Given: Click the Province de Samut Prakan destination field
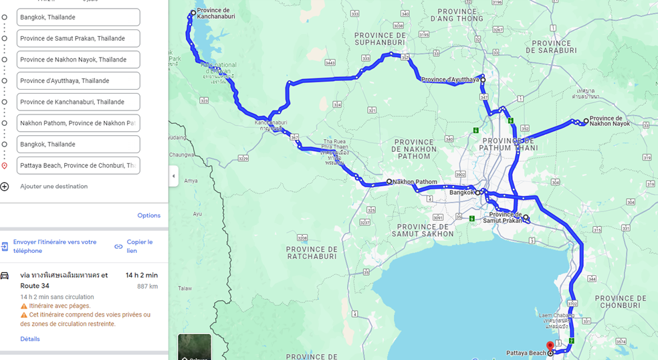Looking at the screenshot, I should pyautogui.click(x=78, y=38).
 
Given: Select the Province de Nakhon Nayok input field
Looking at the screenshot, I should pyautogui.click(x=78, y=60).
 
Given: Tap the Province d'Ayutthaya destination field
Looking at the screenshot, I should pyautogui.click(x=78, y=81).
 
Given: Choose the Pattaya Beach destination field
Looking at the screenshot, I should pyautogui.click(x=78, y=165).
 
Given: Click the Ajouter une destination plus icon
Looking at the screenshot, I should pyautogui.click(x=5, y=187).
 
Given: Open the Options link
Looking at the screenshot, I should pyautogui.click(x=148, y=215).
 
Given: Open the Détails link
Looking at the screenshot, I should pyautogui.click(x=30, y=339).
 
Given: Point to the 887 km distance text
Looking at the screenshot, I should pyautogui.click(x=147, y=286).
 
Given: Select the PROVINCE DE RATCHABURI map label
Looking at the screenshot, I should pyautogui.click(x=315, y=252).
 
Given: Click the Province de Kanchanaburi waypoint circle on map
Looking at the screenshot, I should pyautogui.click(x=193, y=13).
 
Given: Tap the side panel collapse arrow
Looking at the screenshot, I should pyautogui.click(x=173, y=176).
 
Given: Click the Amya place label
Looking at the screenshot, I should pyautogui.click(x=191, y=181).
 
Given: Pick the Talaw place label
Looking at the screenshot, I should pyautogui.click(x=185, y=288).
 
